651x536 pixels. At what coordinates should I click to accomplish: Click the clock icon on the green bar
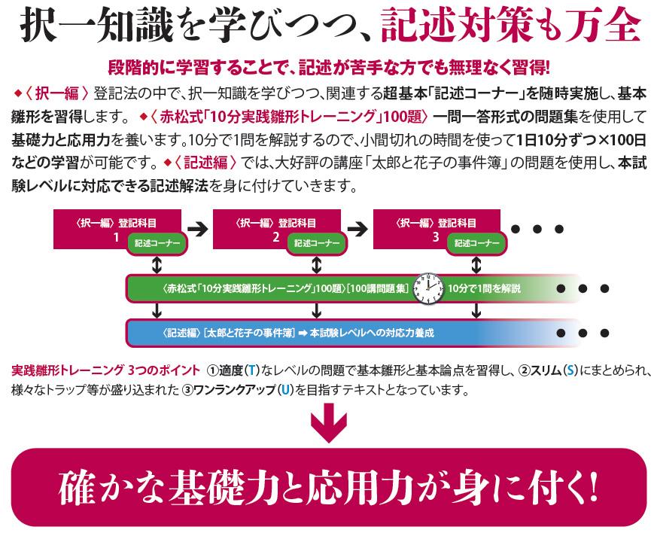(428, 288)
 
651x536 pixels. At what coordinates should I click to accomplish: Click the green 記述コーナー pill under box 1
(157, 243)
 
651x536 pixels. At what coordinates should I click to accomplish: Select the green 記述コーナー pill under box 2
(317, 243)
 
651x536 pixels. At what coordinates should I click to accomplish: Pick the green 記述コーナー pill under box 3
(476, 243)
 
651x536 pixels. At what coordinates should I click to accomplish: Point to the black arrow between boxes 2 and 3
(357, 228)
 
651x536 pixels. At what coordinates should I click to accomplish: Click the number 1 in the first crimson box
(117, 237)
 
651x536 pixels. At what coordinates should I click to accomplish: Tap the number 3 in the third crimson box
(436, 237)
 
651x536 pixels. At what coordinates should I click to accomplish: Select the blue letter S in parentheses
(570, 370)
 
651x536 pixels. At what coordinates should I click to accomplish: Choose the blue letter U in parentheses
(285, 390)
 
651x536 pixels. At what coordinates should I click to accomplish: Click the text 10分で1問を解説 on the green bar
(484, 288)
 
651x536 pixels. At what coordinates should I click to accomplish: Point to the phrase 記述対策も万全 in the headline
(511, 25)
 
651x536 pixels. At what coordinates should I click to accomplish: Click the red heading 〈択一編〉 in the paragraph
(57, 93)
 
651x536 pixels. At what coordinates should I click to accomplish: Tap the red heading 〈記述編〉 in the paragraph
(206, 163)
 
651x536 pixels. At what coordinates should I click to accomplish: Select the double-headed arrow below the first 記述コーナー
(157, 265)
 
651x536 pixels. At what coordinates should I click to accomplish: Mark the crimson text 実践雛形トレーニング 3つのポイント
(106, 370)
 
